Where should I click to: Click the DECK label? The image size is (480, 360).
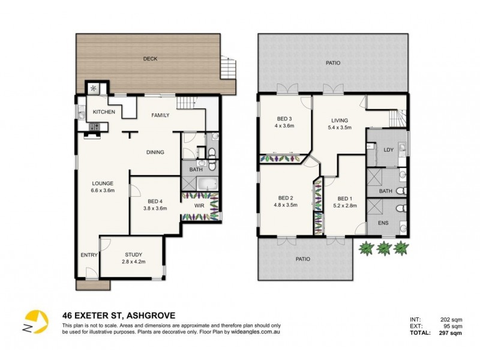(149, 59)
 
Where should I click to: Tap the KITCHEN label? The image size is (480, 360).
(103, 112)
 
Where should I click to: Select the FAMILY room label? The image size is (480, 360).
(160, 115)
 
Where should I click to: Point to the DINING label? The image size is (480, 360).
(155, 152)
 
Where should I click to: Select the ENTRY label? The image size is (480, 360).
(89, 255)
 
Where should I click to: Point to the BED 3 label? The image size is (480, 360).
(284, 118)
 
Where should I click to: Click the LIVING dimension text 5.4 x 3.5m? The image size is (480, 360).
(339, 128)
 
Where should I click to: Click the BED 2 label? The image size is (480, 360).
(286, 199)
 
